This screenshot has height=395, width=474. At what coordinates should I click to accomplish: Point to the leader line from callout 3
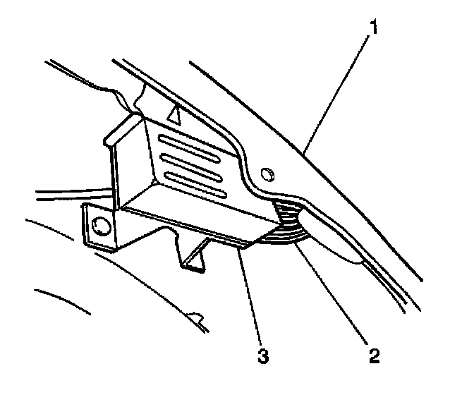tap(250, 296)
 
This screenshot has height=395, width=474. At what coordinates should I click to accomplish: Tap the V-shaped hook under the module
tap(197, 257)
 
